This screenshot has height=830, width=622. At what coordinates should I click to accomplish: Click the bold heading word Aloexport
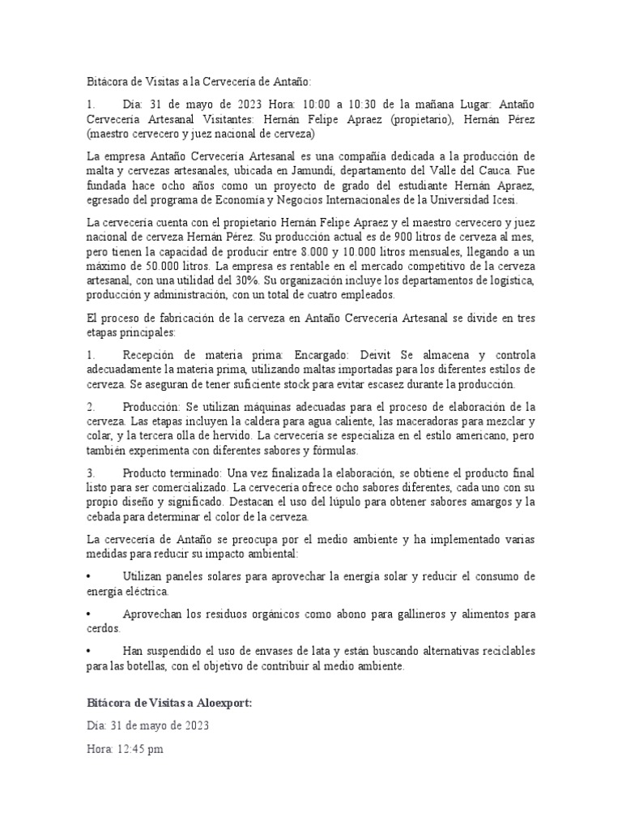point(221,703)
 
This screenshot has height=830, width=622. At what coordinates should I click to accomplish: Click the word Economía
point(284,200)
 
